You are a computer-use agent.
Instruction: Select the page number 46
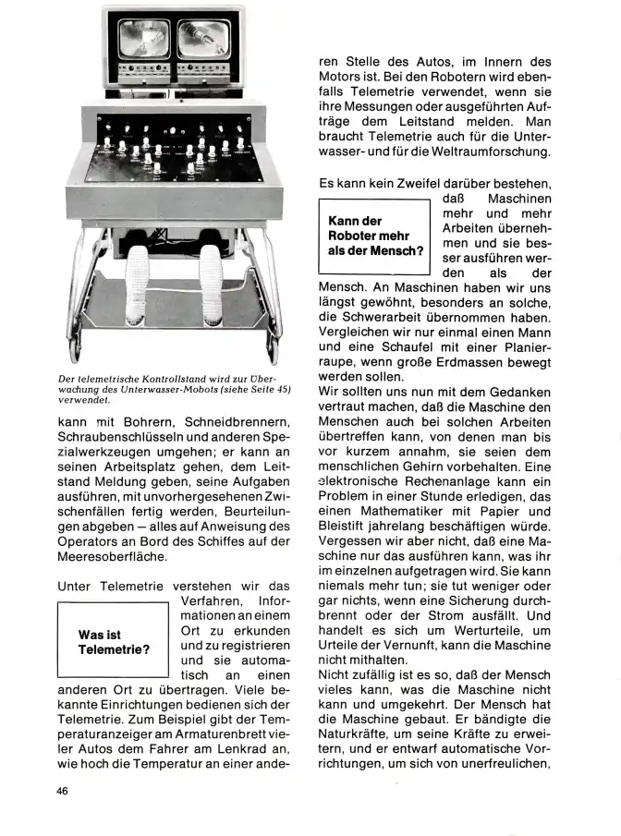pyautogui.click(x=64, y=791)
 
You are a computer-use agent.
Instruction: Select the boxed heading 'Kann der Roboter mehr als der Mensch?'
pyautogui.click(x=374, y=236)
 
